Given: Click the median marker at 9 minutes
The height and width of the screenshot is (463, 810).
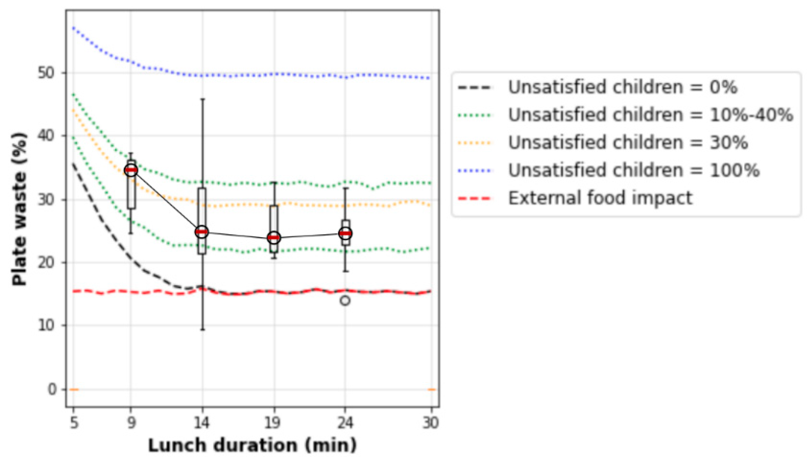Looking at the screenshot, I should tap(131, 170).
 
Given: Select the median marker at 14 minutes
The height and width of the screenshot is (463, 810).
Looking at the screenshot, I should tap(202, 232).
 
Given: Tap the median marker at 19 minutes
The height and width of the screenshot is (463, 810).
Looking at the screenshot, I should tap(274, 238).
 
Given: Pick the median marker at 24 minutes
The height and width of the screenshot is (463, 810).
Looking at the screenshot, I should tap(345, 233).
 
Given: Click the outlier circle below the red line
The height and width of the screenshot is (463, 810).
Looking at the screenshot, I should tap(345, 301).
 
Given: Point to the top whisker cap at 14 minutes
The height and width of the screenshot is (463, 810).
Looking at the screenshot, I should tap(202, 99).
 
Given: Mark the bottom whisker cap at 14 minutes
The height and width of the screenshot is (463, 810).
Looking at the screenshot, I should tap(202, 330).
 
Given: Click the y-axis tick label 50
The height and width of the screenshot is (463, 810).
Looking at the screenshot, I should tap(46, 73).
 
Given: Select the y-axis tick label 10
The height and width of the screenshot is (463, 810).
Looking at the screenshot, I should tap(46, 325).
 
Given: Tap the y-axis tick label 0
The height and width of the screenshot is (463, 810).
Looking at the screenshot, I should tap(52, 389).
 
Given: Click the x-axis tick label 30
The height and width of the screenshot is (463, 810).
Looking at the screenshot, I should tap(431, 423).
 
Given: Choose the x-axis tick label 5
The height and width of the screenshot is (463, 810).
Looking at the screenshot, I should tap(74, 423).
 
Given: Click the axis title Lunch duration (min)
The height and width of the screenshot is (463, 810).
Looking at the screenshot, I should tap(252, 445).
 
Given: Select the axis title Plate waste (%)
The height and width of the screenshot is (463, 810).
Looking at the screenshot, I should tap(19, 209).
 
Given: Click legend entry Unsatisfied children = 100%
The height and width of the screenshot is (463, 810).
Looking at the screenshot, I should tap(633, 170).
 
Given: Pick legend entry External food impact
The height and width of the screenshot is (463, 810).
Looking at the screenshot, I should tap(600, 198).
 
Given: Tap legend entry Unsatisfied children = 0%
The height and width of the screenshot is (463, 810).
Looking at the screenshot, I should tap(622, 87).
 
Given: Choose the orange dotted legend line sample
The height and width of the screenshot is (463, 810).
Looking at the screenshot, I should tap(475, 143).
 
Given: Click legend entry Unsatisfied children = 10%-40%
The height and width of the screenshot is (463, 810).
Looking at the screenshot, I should tap(650, 115).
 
